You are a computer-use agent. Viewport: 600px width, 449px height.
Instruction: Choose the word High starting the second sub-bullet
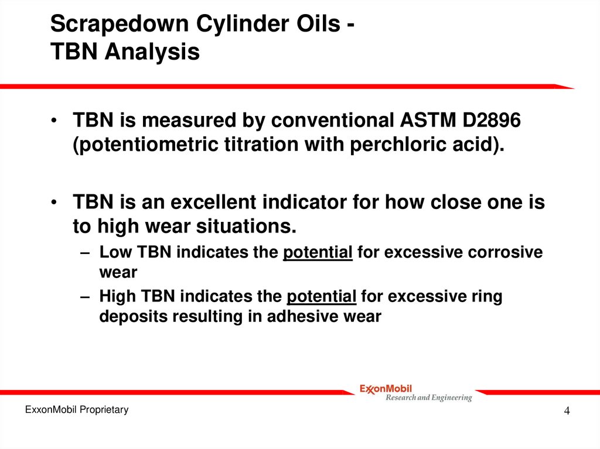click(116, 297)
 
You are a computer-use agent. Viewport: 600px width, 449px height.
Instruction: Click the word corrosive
click(507, 252)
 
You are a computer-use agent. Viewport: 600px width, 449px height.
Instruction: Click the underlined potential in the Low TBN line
click(318, 252)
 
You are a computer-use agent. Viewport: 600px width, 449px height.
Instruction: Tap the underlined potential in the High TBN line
click(322, 297)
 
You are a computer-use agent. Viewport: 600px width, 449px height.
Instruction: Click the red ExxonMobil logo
click(386, 388)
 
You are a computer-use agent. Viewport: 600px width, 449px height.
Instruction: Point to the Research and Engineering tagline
click(428, 398)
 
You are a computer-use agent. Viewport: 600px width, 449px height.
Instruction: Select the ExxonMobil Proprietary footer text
click(76, 410)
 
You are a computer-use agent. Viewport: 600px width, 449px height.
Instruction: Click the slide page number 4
click(567, 412)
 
